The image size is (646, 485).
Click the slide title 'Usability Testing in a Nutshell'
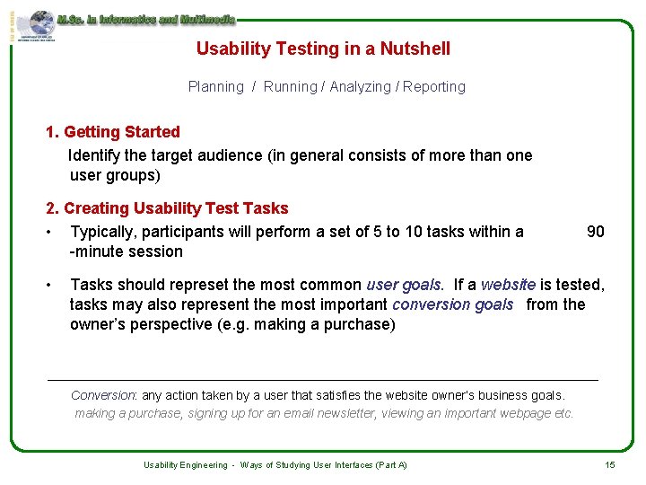click(x=323, y=49)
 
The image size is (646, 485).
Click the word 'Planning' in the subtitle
click(x=215, y=87)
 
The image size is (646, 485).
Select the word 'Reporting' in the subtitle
click(x=434, y=87)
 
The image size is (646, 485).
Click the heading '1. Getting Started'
click(x=113, y=132)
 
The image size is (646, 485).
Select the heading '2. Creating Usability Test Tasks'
click(x=167, y=208)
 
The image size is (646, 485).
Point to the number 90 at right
click(x=595, y=232)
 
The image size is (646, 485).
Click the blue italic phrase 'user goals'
click(x=404, y=285)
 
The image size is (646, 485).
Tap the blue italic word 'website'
click(x=508, y=285)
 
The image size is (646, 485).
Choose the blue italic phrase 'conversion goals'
click(x=452, y=304)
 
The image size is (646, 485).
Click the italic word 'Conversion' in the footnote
click(x=102, y=395)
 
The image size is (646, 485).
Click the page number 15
click(x=610, y=464)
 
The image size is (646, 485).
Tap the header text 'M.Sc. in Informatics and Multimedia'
click(x=146, y=19)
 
